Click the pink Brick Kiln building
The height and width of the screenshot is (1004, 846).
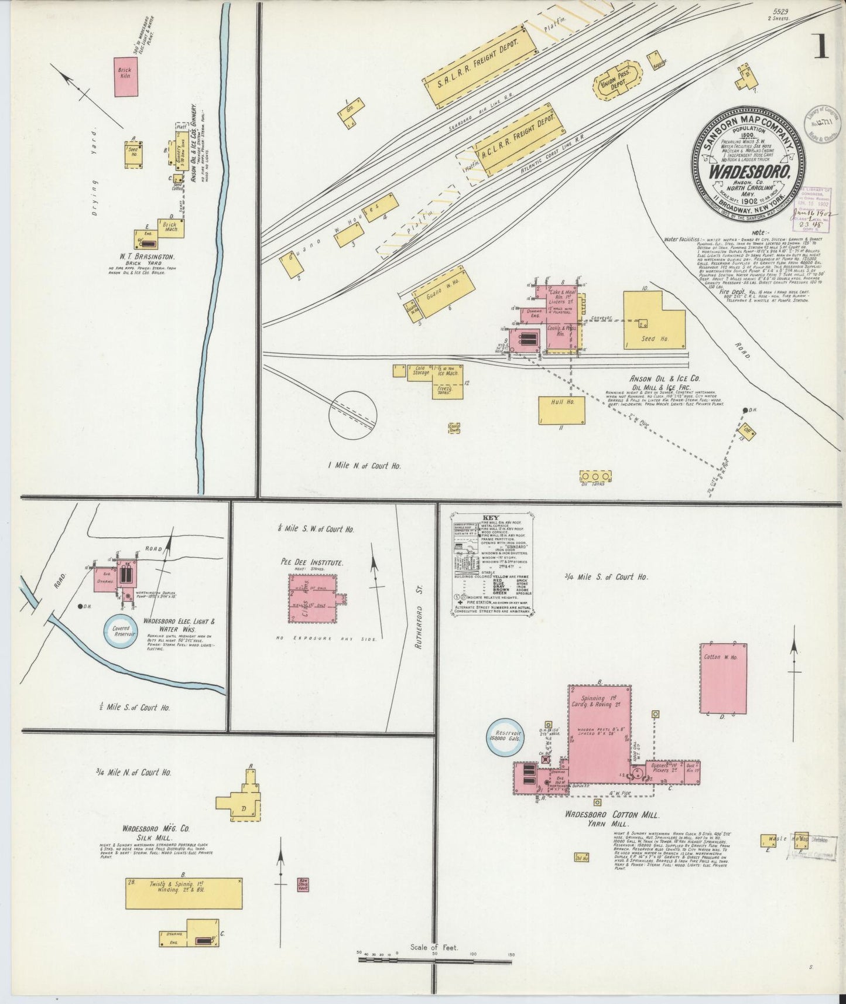(126, 76)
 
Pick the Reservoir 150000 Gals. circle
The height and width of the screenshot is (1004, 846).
(507, 737)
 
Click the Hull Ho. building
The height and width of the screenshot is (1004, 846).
(561, 409)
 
